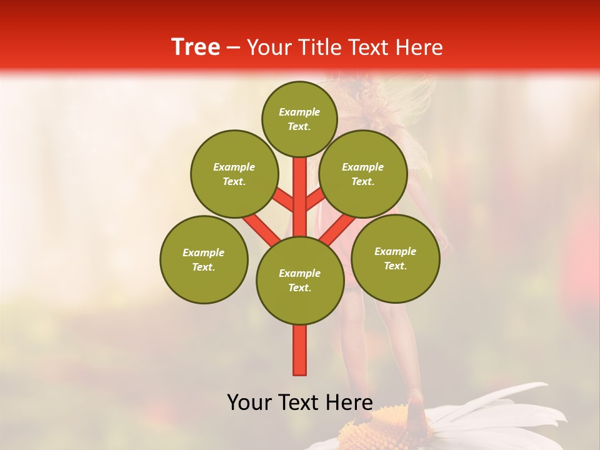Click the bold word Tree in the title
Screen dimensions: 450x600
coord(196,47)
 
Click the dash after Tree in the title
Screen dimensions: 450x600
coord(234,48)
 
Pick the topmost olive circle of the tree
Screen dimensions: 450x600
coord(299,119)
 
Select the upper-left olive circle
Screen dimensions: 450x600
coord(234,174)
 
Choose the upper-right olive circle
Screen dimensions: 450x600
coord(362,174)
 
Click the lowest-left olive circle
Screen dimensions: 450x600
coord(204,259)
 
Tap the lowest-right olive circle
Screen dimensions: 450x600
coord(395,258)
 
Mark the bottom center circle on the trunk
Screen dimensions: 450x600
coord(300,281)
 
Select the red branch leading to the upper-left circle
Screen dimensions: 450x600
coord(284,201)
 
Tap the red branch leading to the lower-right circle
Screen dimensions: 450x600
coord(338,229)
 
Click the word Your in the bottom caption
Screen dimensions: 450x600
coord(250,402)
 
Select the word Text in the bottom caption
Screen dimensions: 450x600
coord(300,402)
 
